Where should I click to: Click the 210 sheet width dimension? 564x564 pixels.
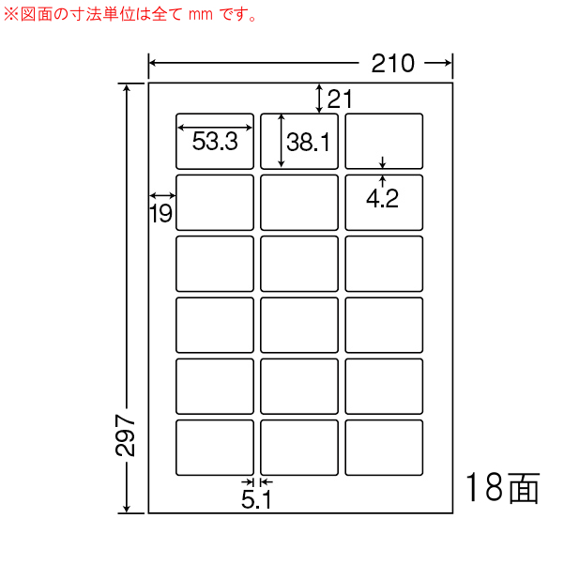pos(393,63)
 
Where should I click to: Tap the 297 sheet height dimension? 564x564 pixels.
pos(125,435)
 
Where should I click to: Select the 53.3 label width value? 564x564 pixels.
pos(215,141)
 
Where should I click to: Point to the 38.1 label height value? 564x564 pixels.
pos(308,142)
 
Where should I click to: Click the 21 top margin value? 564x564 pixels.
pos(340,99)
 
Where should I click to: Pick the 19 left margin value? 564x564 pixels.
pos(160,213)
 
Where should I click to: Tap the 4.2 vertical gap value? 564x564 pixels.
pos(382,199)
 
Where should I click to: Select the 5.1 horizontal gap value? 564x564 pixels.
pos(256,499)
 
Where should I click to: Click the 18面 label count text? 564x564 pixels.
pos(502,488)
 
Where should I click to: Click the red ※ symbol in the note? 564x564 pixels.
pos(10,14)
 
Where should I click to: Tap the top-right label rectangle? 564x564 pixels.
pos(384,141)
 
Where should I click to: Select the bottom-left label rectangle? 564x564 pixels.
pos(215,448)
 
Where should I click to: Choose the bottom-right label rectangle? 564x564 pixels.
pos(384,448)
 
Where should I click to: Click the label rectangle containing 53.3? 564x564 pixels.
pos(215,141)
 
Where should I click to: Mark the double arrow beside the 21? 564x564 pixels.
pos(319,99)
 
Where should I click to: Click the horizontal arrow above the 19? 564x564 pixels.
pos(162,196)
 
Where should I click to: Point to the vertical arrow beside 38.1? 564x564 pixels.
pos(282,141)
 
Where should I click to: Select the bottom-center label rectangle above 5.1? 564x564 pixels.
pos(299,448)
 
